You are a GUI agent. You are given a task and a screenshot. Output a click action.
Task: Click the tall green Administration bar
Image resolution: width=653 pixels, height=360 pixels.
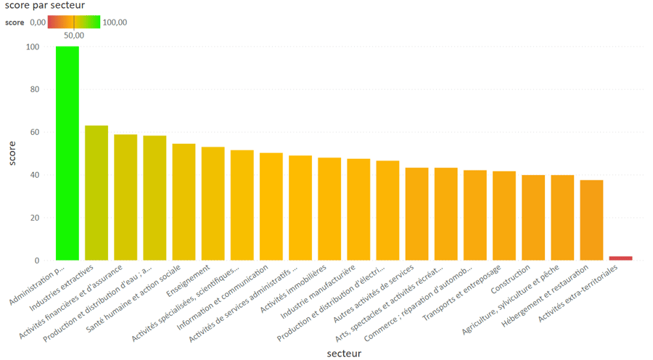click(x=67, y=153)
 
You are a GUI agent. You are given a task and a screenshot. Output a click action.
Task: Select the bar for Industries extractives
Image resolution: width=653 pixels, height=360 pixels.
click(x=96, y=193)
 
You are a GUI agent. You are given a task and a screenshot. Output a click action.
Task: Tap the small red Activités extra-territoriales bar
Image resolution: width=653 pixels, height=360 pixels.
click(x=620, y=258)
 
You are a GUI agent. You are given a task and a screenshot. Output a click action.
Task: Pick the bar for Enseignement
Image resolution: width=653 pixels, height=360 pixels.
click(x=213, y=203)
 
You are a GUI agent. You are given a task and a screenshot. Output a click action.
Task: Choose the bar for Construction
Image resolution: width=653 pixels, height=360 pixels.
click(x=533, y=217)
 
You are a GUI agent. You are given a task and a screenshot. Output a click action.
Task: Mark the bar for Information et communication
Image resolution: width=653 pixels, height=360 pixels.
click(x=271, y=206)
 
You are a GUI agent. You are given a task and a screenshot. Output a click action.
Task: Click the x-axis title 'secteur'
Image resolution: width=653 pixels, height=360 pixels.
click(x=341, y=353)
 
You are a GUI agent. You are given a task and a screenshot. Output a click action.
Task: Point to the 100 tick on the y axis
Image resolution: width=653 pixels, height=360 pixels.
click(x=32, y=47)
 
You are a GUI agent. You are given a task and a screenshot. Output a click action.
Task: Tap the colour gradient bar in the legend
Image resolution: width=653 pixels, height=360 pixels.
click(x=73, y=22)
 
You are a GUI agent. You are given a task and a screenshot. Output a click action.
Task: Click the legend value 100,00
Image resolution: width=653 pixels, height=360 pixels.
click(x=114, y=22)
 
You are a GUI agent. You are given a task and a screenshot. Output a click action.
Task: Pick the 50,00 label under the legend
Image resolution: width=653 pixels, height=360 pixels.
click(x=74, y=34)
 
